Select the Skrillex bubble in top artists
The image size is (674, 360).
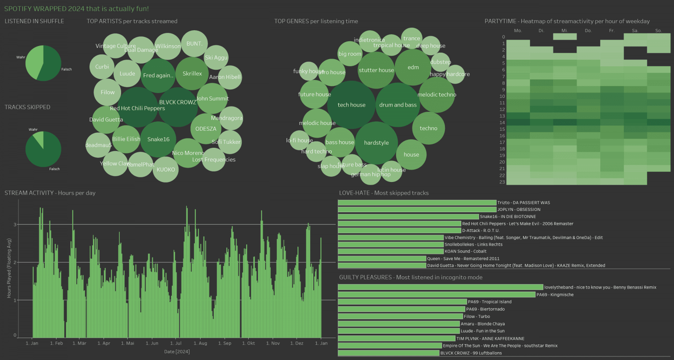(192, 74)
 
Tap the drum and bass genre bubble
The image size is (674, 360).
(398, 105)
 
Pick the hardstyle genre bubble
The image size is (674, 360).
(376, 143)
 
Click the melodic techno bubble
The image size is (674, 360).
(437, 95)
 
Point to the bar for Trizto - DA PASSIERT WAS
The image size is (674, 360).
(417, 203)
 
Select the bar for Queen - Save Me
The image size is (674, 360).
(382, 259)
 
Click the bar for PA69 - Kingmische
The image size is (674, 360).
(437, 295)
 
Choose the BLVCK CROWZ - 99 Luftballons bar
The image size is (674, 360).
(388, 353)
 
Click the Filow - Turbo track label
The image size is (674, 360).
(477, 317)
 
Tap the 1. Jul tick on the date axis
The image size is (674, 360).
(176, 343)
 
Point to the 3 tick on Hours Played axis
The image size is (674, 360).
(15, 225)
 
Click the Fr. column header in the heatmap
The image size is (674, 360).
(612, 31)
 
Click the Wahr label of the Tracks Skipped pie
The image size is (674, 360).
(33, 130)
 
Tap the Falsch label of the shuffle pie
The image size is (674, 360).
(66, 69)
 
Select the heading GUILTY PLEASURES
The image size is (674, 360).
(365, 277)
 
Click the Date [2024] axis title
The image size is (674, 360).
(177, 352)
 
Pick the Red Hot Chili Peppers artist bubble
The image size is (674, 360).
(137, 108)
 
